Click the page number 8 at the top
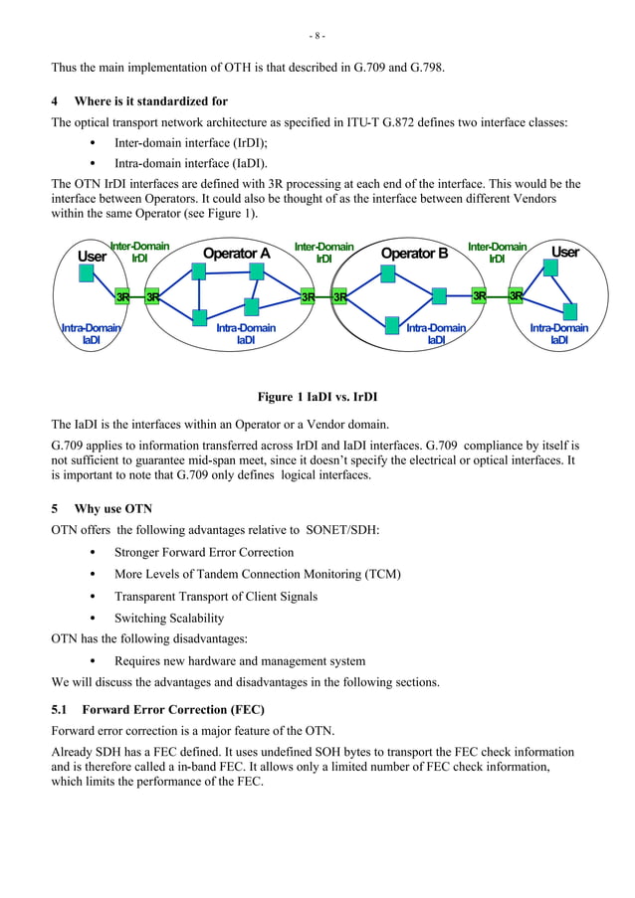point(317,37)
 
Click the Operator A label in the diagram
point(236,254)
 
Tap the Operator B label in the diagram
point(414,254)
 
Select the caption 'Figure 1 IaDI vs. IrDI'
point(317,397)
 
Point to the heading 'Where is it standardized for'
point(150,101)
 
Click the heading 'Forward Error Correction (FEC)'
point(172,710)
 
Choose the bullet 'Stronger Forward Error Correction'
point(204,552)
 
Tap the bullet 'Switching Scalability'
point(169,618)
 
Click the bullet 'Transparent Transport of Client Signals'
point(216,596)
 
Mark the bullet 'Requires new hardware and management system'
point(240,660)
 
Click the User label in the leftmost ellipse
point(92,256)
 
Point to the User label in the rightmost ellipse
point(564,252)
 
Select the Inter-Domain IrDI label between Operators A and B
point(323,252)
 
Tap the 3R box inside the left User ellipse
point(122,296)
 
